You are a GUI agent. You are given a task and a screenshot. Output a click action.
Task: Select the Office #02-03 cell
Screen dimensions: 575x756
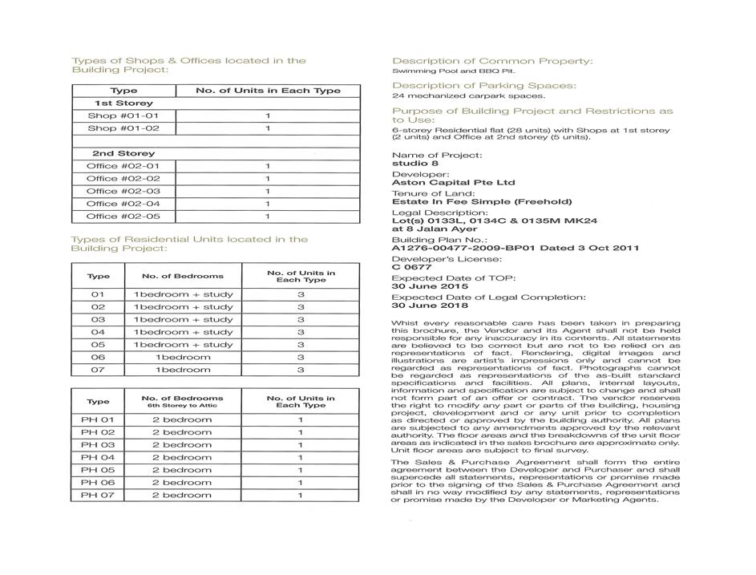click(x=123, y=191)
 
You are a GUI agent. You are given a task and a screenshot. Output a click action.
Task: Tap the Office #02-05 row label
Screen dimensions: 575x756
click(x=123, y=217)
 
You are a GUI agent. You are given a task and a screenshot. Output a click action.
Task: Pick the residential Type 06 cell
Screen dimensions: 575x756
click(x=98, y=357)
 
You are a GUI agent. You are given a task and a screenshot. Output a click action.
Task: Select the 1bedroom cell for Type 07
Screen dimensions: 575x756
click(x=183, y=370)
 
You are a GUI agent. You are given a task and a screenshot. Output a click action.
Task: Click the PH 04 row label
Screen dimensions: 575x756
click(x=98, y=457)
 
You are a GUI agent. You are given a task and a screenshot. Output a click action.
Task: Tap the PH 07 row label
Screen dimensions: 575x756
click(x=98, y=495)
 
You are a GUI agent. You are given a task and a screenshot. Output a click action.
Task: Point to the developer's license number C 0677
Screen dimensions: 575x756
click(x=412, y=268)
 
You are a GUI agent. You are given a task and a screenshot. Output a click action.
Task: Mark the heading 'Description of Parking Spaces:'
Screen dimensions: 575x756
click(x=484, y=86)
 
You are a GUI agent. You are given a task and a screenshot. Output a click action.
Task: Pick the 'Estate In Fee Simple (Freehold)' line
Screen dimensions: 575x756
click(x=482, y=202)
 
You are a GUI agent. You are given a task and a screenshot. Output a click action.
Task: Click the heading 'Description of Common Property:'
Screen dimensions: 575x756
click(x=492, y=61)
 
